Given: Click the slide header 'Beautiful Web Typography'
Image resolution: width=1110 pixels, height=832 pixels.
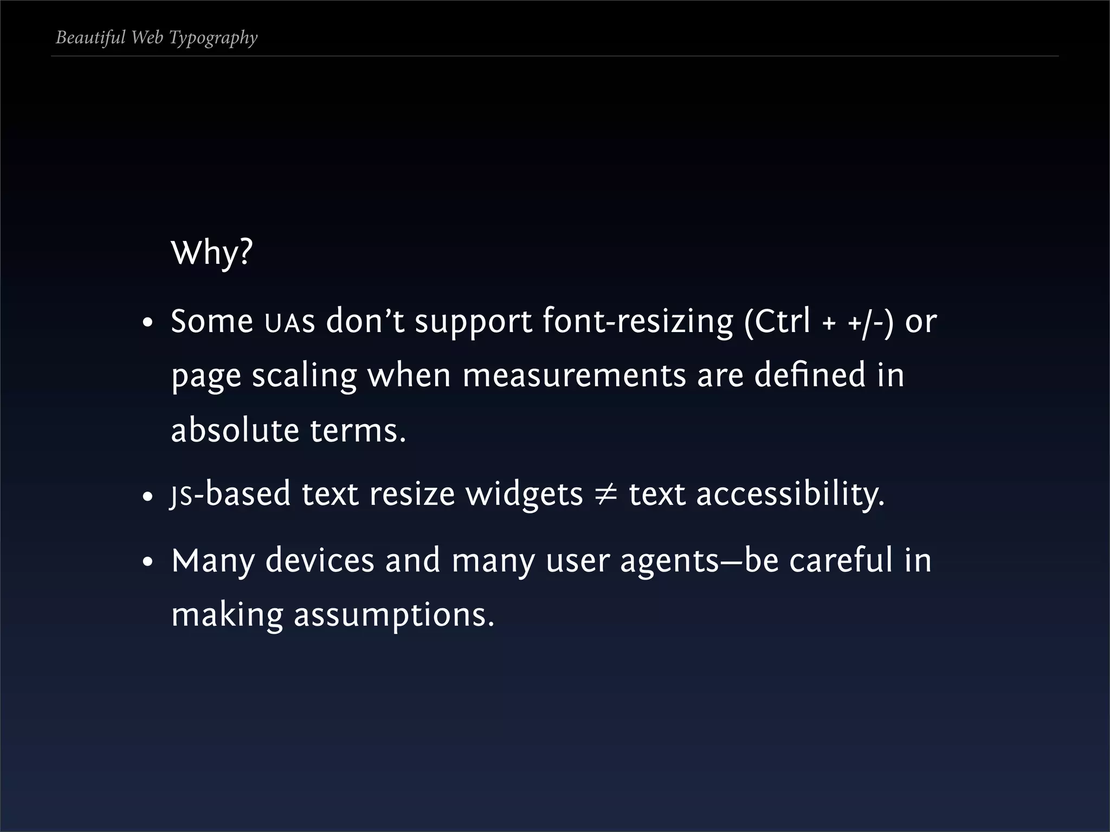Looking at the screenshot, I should tap(157, 38).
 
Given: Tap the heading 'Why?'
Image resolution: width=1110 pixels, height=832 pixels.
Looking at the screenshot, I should tap(211, 252).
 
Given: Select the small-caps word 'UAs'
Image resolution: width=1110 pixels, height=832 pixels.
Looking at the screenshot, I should tap(289, 323).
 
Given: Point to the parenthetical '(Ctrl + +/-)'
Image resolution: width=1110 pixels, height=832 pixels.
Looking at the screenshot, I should tap(818, 322).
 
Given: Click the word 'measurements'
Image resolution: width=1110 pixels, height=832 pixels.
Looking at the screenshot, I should tap(574, 375).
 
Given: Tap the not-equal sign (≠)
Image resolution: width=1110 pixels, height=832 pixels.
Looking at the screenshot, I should tap(605, 495).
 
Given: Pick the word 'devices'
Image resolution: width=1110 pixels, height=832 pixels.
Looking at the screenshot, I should tap(320, 561).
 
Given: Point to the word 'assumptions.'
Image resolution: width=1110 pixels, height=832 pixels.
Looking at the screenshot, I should tap(394, 616).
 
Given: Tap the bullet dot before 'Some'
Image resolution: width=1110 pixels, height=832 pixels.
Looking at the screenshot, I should tap(147, 324).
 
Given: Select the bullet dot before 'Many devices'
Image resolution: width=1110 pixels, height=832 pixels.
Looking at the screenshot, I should tap(147, 563).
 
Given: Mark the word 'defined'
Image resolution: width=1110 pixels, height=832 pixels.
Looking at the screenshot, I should tap(810, 375).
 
